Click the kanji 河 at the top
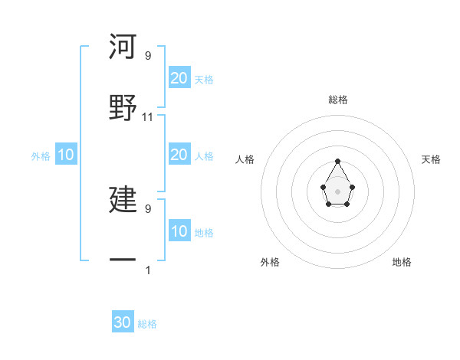coord(123,47)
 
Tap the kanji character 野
coord(123,106)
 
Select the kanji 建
coord(123,199)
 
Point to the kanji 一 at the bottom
coord(123,260)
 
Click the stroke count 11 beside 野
coord(148,117)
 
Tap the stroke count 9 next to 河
coord(148,56)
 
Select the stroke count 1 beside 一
coord(148,270)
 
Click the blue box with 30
coord(123,322)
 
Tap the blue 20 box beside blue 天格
coord(179,77)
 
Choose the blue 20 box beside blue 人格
coord(179,155)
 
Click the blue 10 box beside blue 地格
coord(179,231)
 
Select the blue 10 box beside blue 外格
coord(66,155)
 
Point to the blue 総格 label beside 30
coord(147,324)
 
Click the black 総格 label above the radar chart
coord(338,100)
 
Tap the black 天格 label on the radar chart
coord(431,159)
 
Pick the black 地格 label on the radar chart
coord(402,262)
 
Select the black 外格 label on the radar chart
coord(270,262)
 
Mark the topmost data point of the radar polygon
coord(338,161)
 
